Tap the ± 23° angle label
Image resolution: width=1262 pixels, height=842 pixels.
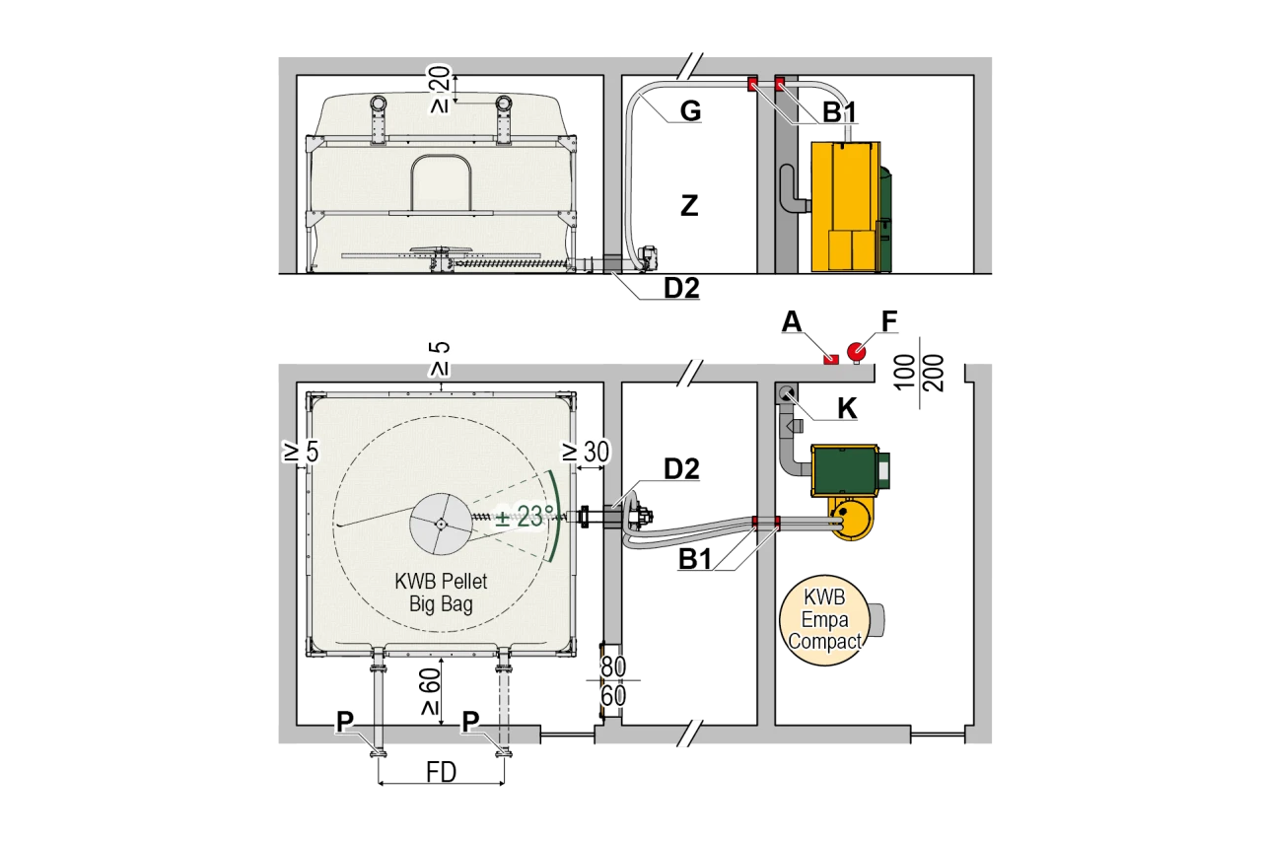523,517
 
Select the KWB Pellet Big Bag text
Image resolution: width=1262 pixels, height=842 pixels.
441,592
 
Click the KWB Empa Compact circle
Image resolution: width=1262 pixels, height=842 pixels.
822,619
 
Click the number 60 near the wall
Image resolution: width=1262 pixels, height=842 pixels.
614,696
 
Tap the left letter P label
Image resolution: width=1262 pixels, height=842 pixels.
344,723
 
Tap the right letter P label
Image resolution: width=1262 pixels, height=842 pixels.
470,723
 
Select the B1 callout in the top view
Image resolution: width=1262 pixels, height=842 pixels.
839,112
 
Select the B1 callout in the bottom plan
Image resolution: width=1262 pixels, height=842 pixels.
695,560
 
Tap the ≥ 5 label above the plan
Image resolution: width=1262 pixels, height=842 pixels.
440,360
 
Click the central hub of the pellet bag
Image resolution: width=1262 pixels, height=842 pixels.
441,524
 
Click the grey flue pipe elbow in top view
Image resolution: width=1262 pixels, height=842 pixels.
792,190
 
